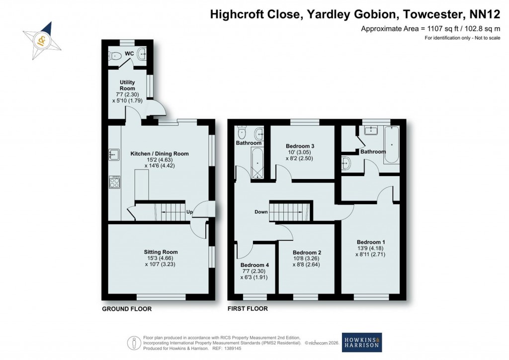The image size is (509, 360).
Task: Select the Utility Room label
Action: (x=127, y=85)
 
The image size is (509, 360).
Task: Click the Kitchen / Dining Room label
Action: (x=159, y=154)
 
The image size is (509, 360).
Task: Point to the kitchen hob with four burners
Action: (x=114, y=182)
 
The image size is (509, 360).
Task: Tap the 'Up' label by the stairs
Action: (x=189, y=212)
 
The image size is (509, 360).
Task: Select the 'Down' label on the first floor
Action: (x=261, y=212)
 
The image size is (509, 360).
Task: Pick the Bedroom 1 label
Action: (x=370, y=242)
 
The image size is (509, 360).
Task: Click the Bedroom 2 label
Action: (x=307, y=252)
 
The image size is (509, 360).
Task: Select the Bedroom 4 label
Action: (x=254, y=265)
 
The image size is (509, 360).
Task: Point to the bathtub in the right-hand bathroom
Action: (x=391, y=145)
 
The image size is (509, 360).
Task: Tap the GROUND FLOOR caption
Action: (x=127, y=309)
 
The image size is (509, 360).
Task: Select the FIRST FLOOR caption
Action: (x=248, y=309)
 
